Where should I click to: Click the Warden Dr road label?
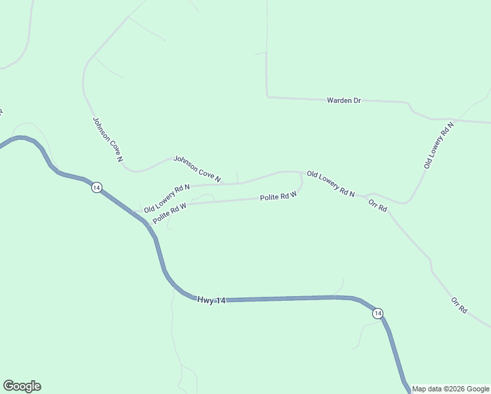click(x=344, y=100)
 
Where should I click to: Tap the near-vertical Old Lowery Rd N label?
click(x=438, y=145)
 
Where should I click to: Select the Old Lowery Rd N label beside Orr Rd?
click(x=331, y=185)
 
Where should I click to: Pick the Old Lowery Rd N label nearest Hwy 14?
click(x=167, y=198)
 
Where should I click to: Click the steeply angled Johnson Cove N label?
click(x=108, y=139)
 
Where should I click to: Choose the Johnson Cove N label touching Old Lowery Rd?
click(x=197, y=169)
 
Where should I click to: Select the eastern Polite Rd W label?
click(x=278, y=196)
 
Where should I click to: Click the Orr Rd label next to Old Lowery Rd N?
click(x=377, y=204)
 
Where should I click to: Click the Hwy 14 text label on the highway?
click(x=211, y=300)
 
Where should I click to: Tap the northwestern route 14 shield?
click(x=96, y=188)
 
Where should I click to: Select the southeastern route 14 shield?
click(x=377, y=314)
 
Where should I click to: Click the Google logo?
click(x=22, y=386)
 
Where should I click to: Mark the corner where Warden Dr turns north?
click(x=268, y=97)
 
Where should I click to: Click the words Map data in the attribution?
click(x=427, y=389)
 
